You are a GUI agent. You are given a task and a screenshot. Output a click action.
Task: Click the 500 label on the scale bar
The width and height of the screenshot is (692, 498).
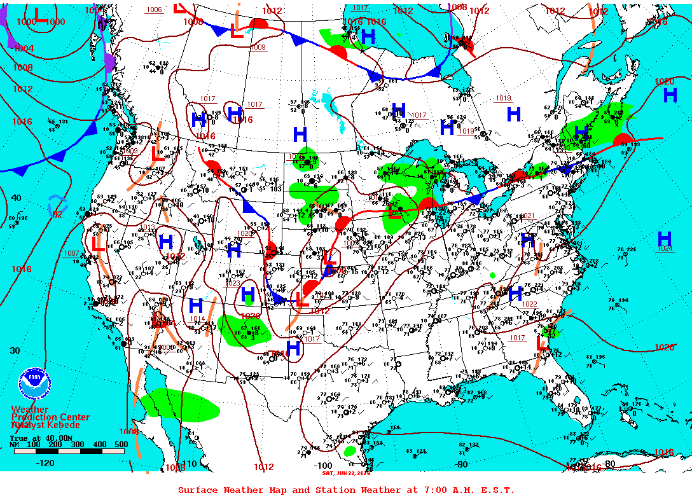(x=121, y=444)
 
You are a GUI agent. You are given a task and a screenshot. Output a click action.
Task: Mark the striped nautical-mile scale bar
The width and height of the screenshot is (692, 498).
(x=67, y=451)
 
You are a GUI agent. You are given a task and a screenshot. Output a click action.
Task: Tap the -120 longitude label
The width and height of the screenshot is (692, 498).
(x=46, y=463)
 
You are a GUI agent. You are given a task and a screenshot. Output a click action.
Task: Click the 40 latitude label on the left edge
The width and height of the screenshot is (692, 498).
(x=16, y=198)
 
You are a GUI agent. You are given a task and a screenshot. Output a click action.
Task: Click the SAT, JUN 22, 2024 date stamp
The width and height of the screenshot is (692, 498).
(x=346, y=473)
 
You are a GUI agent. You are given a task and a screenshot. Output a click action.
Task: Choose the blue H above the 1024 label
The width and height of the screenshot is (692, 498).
(x=664, y=239)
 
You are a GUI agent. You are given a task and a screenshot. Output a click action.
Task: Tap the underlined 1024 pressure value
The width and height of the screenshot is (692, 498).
(x=664, y=249)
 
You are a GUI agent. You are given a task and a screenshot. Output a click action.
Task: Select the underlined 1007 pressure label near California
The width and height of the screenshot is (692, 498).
(x=71, y=253)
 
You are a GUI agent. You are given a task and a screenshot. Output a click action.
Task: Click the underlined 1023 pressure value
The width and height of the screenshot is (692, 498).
(x=233, y=283)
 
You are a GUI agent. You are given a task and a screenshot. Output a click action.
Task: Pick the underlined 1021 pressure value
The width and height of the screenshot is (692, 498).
(x=527, y=216)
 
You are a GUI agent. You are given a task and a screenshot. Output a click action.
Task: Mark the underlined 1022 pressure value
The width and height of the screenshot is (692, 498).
(x=529, y=304)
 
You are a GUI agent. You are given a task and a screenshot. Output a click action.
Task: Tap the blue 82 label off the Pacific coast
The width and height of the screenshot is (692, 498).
(x=57, y=214)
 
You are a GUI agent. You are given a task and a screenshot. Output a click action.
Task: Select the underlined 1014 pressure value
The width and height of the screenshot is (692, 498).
(x=197, y=319)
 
